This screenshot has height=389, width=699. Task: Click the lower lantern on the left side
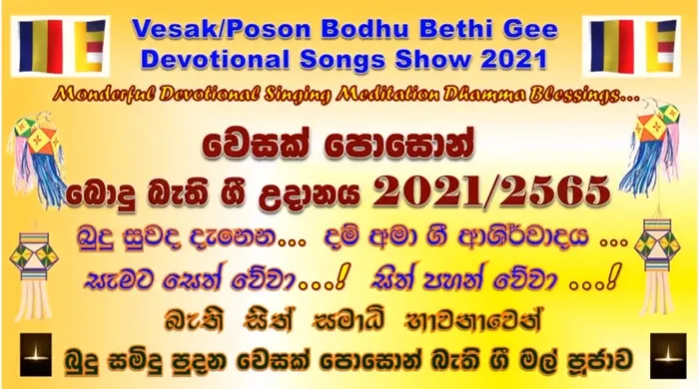(x=33, y=264)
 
